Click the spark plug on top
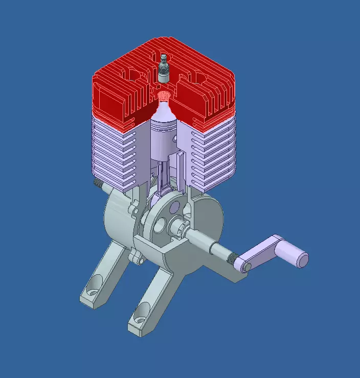164,68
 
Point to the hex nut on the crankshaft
182,228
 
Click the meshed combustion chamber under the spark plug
163,95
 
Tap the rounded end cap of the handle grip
303,260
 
